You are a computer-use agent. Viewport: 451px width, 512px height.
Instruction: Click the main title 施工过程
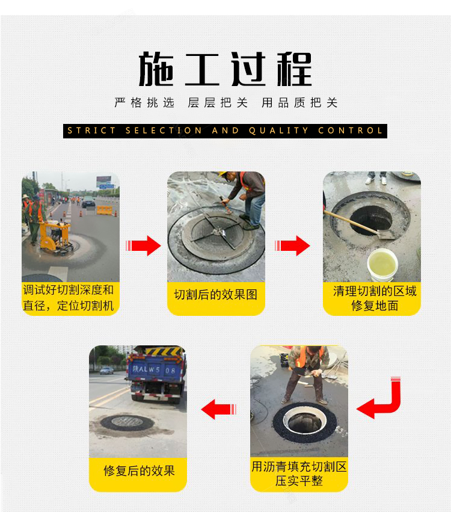pyautogui.click(x=225, y=69)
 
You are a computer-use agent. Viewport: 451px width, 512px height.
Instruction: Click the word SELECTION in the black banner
pyautogui.click(x=164, y=131)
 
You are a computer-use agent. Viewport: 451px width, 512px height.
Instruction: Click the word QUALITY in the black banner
pyautogui.click(x=278, y=131)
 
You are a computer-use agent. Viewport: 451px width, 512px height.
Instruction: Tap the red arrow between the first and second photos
pyautogui.click(x=143, y=245)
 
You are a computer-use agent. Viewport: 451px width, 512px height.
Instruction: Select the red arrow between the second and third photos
pyautogui.click(x=292, y=245)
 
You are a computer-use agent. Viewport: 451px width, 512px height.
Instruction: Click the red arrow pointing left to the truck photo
pyautogui.click(x=219, y=409)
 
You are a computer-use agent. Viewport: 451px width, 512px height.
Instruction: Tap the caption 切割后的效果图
pyautogui.click(x=216, y=295)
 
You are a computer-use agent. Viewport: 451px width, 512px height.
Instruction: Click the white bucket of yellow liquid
pyautogui.click(x=382, y=265)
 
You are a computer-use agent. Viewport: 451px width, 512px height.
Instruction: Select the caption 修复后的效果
pyautogui.click(x=140, y=471)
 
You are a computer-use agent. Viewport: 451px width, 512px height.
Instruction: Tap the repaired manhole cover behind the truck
pyautogui.click(x=127, y=422)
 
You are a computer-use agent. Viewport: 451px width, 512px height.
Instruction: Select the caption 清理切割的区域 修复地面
pyautogui.click(x=375, y=298)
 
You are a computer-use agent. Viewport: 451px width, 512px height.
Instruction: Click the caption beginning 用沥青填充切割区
pyautogui.click(x=299, y=473)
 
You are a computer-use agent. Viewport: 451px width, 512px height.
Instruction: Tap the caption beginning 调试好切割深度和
pyautogui.click(x=69, y=298)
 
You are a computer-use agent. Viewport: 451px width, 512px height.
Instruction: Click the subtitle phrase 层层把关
pyautogui.click(x=218, y=103)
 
